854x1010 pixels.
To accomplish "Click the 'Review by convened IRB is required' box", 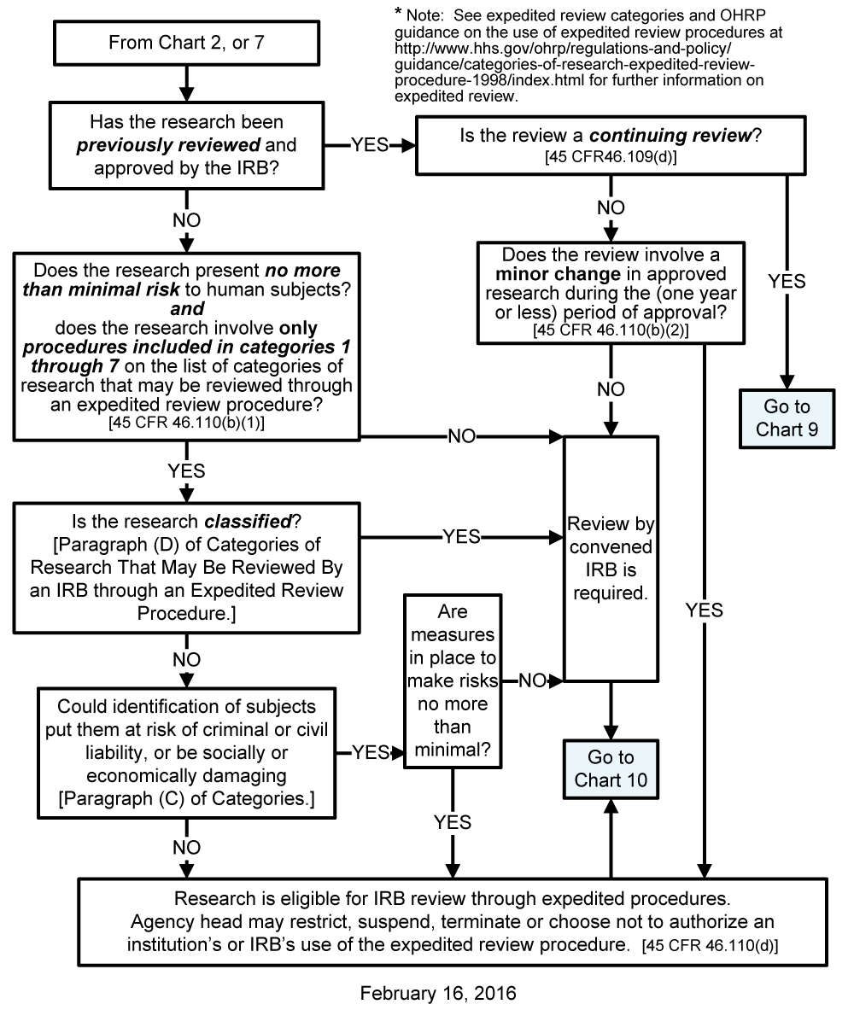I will (611, 558).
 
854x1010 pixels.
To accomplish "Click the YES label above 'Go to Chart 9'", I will (787, 281).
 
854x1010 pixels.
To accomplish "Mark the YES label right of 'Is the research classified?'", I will (461, 537).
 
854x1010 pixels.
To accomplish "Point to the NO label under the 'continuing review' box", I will (610, 207).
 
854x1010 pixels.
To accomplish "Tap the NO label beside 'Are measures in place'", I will (532, 680).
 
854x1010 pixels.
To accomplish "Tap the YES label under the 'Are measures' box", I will (453, 822).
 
